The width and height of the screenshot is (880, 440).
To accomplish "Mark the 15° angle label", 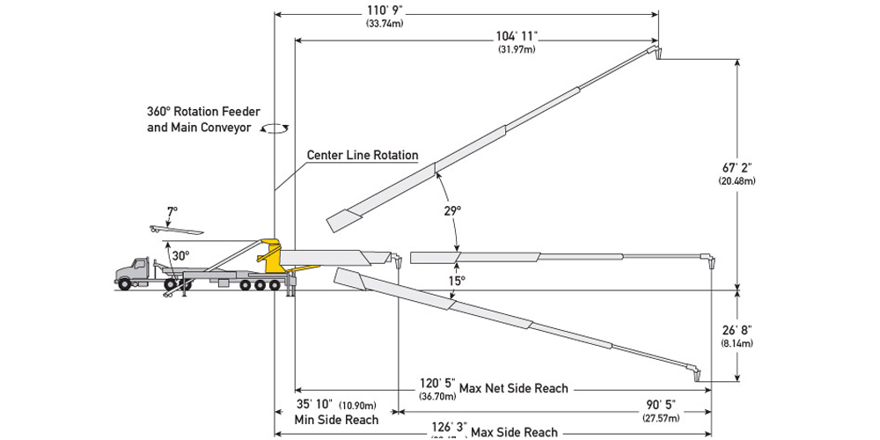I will pos(454,281).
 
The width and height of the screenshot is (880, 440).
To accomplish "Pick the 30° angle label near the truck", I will pos(180,256).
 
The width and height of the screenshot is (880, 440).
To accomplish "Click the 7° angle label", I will pos(172,211).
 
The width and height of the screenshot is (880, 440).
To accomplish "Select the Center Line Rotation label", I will pos(362,155).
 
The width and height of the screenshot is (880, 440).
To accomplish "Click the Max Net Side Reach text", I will pos(514,388).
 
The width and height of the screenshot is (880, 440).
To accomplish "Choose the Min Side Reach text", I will pos(336,420).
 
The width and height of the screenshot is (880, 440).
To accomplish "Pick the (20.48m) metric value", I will pos(737,180).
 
